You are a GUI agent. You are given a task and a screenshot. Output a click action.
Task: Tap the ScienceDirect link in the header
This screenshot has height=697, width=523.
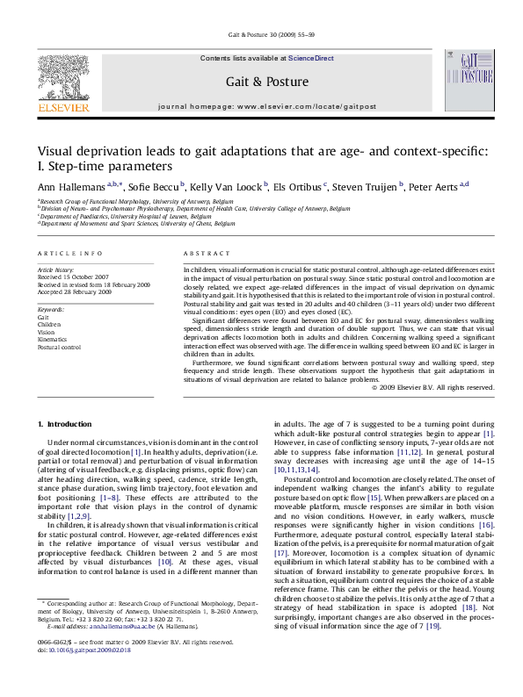click(311, 58)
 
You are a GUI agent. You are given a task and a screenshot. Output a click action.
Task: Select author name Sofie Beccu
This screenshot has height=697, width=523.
click(156, 187)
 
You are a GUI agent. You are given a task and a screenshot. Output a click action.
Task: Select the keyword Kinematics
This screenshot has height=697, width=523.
click(53, 340)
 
